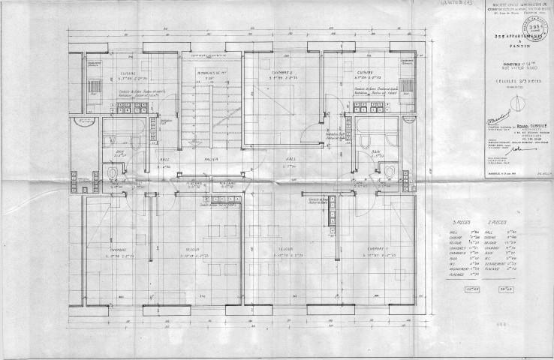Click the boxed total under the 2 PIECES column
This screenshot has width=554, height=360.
[x=493, y=288]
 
